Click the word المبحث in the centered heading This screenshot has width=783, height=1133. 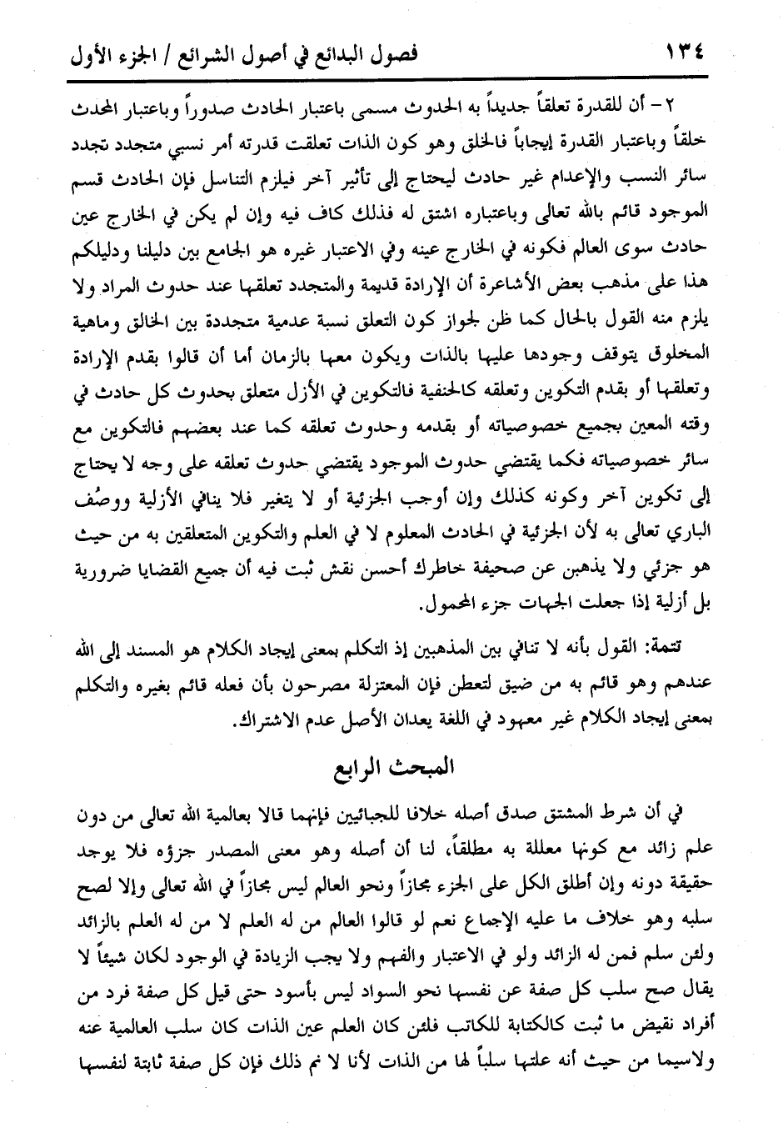(423, 767)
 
